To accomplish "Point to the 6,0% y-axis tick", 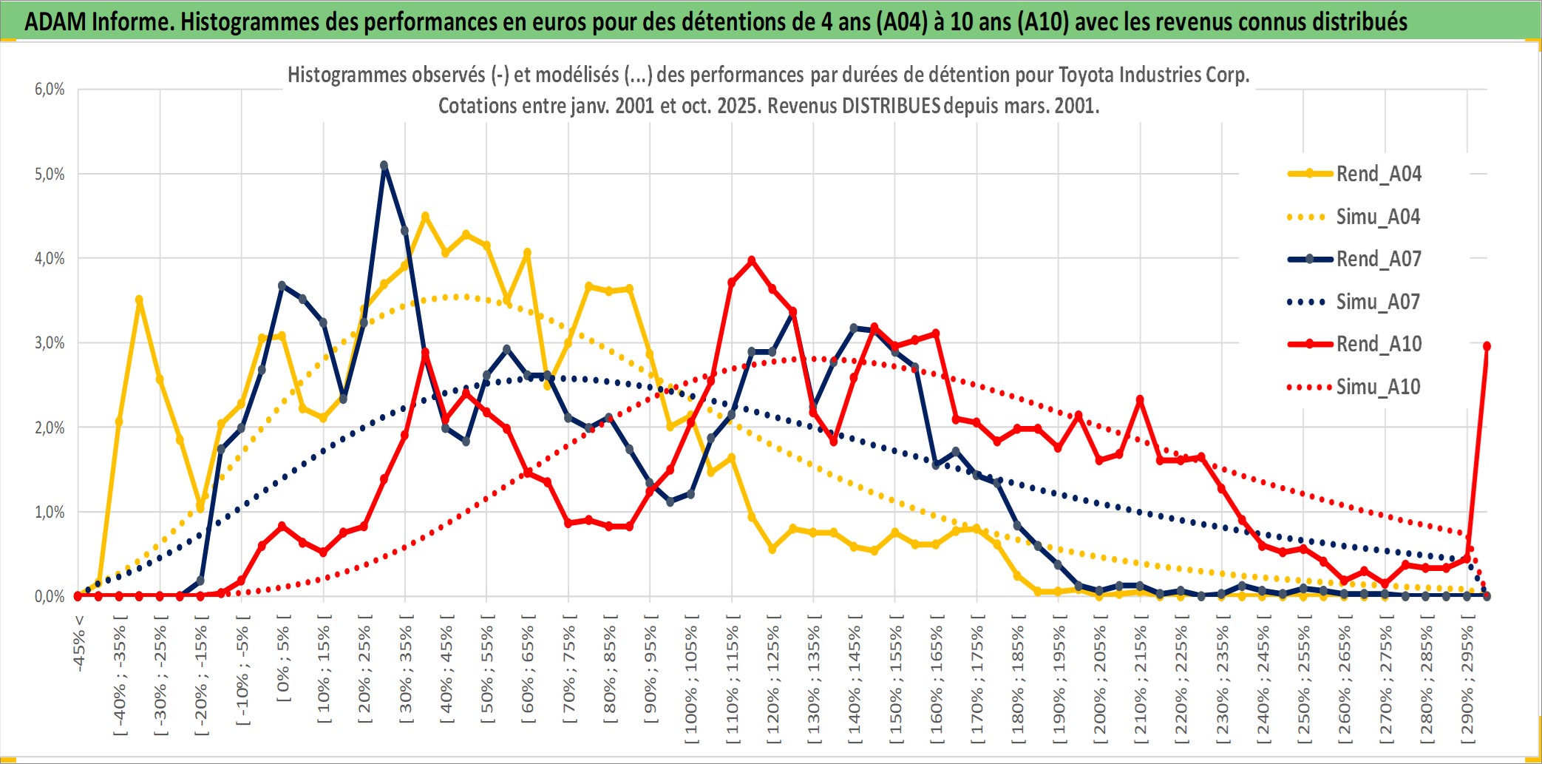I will [50, 89].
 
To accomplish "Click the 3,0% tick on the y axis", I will [50, 343].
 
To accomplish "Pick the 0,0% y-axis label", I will [50, 596].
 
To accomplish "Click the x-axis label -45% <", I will [79, 643].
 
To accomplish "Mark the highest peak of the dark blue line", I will [384, 166].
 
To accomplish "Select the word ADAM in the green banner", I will [55, 21].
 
